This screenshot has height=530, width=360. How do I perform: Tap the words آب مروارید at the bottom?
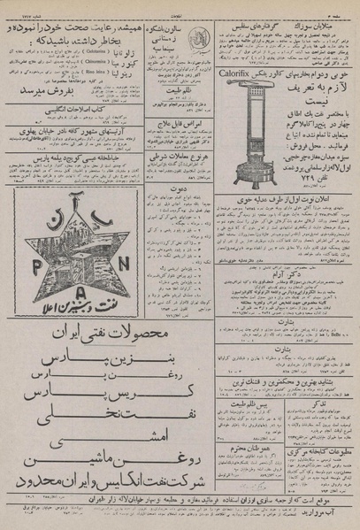(x=328, y=514)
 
